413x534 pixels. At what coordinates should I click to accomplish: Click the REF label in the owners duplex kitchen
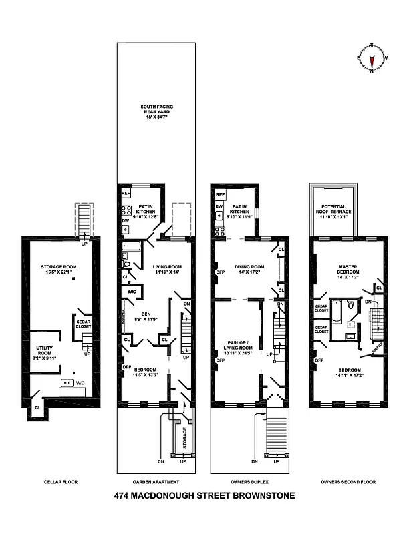pos(219,194)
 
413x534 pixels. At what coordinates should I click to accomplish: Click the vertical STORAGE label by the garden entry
pos(184,438)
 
